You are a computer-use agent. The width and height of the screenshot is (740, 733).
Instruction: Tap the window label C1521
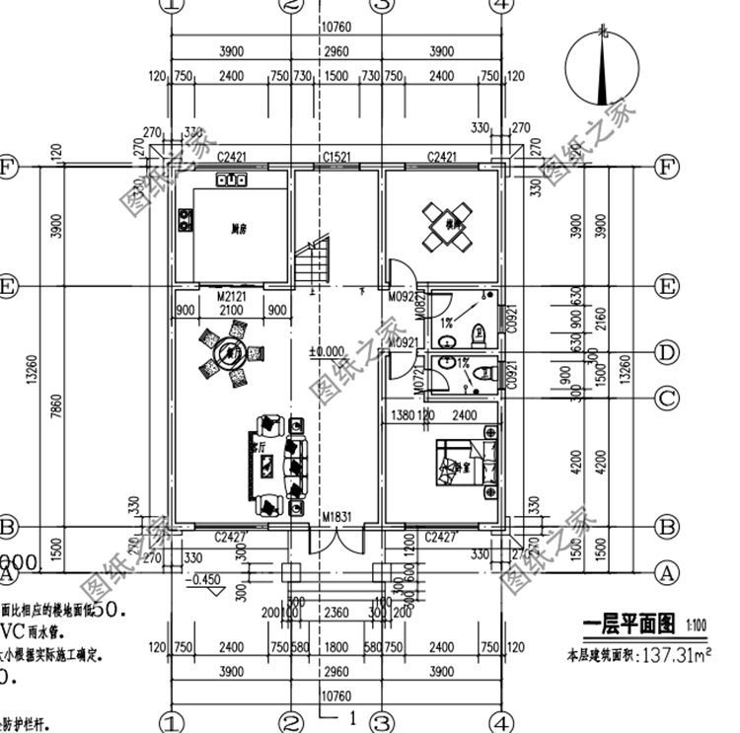coord(336,157)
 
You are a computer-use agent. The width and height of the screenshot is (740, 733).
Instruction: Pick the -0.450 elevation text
coord(207,580)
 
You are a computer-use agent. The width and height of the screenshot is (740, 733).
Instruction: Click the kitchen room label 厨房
coord(238,229)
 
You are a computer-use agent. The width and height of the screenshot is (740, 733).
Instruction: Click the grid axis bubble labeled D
coord(668,351)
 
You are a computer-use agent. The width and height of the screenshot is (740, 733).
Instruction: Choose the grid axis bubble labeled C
coord(668,399)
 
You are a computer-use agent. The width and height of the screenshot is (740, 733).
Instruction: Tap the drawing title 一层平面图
coord(628,624)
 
